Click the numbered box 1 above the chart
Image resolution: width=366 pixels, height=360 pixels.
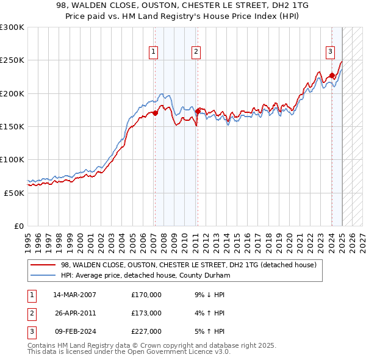(152, 52)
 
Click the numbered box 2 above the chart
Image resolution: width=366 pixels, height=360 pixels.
(196, 52)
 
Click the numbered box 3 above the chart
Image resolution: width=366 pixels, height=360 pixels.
(330, 52)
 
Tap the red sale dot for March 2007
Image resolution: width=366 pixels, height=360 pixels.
(155, 113)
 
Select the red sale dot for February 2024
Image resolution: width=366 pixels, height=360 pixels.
(332, 76)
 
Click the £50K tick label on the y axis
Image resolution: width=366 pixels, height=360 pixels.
(14, 193)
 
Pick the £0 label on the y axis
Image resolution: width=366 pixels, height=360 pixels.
(18, 226)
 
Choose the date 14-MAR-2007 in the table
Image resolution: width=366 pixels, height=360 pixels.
(75, 295)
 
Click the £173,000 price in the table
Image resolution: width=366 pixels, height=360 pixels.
(146, 313)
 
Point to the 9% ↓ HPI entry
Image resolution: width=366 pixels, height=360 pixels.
(209, 295)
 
